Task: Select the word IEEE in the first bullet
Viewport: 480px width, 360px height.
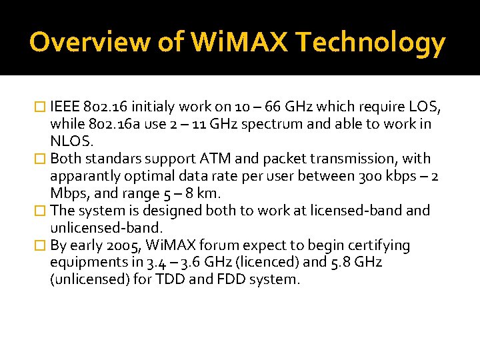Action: coord(65,107)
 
